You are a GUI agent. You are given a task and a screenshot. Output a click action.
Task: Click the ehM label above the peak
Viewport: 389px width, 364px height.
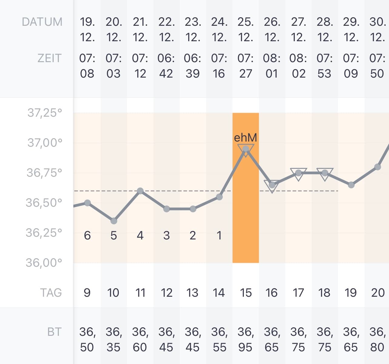[x=246, y=138]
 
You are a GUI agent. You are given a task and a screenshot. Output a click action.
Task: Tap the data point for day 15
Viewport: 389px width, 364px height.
[x=246, y=149]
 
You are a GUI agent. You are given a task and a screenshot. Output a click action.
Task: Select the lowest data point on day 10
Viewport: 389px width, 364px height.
[x=114, y=221]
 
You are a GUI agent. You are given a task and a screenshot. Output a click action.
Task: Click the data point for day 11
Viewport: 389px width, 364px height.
[x=140, y=191]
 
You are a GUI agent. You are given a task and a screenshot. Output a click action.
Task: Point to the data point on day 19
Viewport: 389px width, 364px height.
[x=351, y=185]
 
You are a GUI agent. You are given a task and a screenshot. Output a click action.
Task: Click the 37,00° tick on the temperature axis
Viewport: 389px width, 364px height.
[x=45, y=142]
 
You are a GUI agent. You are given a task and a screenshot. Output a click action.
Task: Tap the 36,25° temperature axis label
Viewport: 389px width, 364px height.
[x=44, y=232]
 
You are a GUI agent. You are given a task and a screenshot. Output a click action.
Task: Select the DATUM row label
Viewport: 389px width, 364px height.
[x=42, y=22]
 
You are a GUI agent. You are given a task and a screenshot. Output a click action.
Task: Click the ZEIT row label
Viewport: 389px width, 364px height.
[x=49, y=58]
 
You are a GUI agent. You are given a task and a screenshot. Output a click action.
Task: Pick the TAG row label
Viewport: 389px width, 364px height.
[x=51, y=292]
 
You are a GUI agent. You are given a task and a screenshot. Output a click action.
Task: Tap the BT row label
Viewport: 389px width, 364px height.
[x=54, y=332]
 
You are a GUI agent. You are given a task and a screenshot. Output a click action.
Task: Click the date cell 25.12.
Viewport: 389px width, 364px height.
[x=246, y=29]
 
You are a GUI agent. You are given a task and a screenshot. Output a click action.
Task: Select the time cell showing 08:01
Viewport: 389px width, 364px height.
[x=272, y=66]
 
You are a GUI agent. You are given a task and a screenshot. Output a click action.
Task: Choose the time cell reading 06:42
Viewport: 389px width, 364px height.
[x=166, y=66]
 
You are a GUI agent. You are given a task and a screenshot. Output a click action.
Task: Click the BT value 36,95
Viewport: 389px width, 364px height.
[x=246, y=339]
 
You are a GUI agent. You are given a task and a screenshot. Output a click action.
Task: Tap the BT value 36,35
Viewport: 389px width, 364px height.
[x=114, y=339]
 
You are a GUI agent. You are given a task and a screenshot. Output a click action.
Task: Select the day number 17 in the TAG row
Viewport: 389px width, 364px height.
[x=298, y=292]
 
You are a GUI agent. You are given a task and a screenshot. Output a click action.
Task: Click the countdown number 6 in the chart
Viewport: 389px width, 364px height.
[x=87, y=235]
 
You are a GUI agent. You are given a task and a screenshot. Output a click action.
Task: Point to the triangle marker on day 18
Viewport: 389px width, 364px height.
[x=325, y=174]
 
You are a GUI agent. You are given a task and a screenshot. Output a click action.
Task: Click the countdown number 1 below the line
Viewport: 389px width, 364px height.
[x=219, y=235]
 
